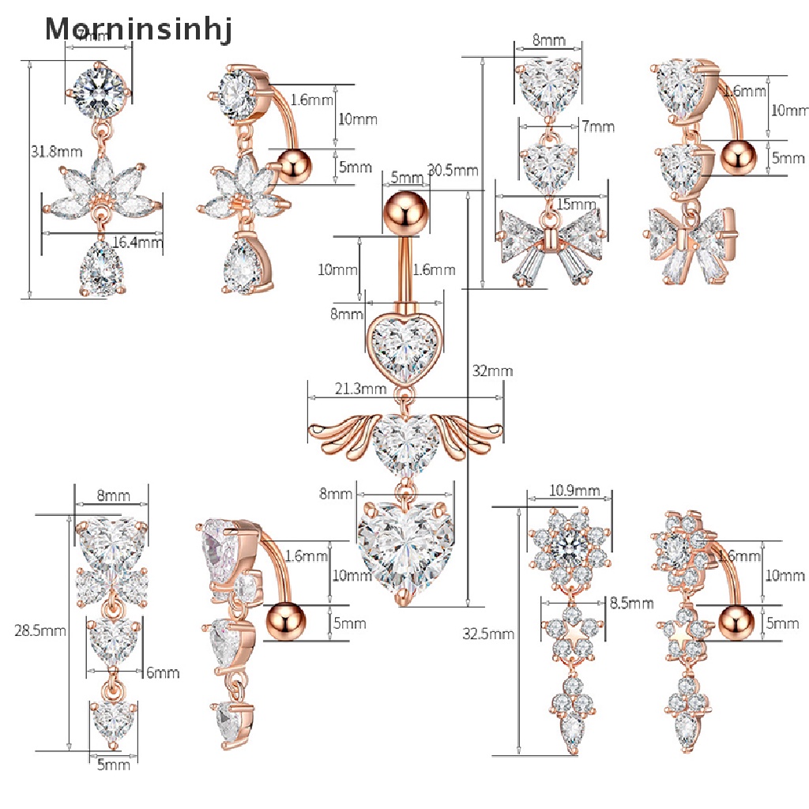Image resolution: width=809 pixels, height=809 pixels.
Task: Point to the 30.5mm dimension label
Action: click(x=453, y=170)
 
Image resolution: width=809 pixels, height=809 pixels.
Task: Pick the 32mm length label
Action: click(x=492, y=371)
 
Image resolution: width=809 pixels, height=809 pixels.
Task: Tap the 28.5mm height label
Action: click(x=40, y=630)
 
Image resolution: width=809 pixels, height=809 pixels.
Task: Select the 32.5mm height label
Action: click(x=490, y=633)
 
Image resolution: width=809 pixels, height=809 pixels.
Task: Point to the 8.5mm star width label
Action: click(x=631, y=604)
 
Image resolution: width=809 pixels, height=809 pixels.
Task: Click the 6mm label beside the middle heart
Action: click(x=163, y=672)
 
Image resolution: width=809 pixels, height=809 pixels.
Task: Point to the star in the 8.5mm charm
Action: click(x=569, y=629)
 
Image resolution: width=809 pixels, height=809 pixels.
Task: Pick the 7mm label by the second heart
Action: click(x=597, y=126)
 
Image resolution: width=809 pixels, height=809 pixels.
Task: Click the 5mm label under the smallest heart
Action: click(x=113, y=765)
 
